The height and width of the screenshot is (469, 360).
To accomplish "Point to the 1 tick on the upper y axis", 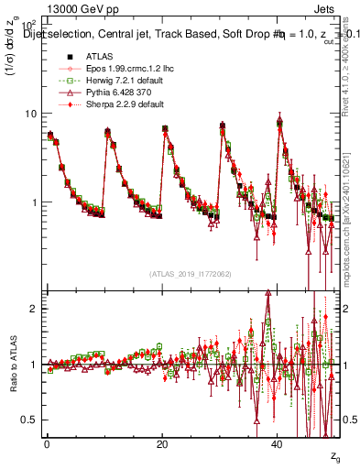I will (35, 202).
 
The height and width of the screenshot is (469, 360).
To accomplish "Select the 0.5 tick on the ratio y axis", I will (31, 420).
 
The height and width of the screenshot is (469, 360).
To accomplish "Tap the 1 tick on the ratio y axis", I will (35, 365).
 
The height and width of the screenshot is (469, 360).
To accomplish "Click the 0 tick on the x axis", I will (47, 444).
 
